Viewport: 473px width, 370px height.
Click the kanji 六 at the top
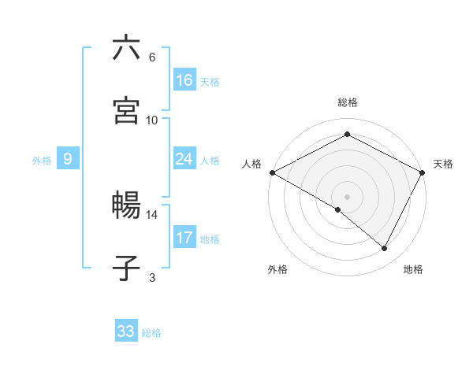[x=126, y=49]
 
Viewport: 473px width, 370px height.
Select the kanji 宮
[x=126, y=111]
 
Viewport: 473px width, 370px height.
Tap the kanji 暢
[x=126, y=207]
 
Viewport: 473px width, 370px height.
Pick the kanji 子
[x=126, y=268]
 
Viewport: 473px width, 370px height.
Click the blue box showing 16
[x=184, y=80]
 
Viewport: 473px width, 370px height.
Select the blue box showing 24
[x=184, y=159]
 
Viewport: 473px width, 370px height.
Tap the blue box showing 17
[x=184, y=238]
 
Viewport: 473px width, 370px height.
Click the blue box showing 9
[x=68, y=159]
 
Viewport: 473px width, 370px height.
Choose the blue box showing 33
[x=126, y=331]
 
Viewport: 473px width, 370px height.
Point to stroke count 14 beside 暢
[x=151, y=214]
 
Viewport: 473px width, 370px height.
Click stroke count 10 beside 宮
[x=151, y=120]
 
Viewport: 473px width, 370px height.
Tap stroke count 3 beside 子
[x=152, y=277]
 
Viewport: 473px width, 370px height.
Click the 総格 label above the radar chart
[x=348, y=102]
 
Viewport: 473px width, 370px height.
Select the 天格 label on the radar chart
[x=443, y=164]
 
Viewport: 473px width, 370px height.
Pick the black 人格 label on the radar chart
[x=251, y=164]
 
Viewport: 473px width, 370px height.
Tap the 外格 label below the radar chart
[x=277, y=269]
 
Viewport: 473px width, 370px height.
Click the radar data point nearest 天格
[x=423, y=172]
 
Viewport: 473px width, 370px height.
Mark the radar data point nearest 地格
[x=385, y=249]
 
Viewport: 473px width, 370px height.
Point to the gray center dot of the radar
[x=347, y=196]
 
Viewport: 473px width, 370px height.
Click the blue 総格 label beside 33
[x=151, y=333]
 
